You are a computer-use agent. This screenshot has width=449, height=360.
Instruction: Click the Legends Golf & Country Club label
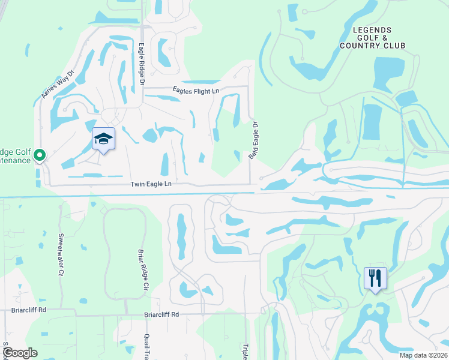tap(372, 38)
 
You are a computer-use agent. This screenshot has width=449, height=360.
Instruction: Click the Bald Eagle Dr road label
tap(253, 141)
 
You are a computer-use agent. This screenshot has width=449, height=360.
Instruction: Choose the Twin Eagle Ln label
tap(151, 184)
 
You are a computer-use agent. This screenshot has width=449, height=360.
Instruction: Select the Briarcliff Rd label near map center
tap(161, 314)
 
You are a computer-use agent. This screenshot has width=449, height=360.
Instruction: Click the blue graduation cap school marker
tap(103, 139)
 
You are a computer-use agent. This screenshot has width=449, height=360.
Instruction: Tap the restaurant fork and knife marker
tap(375, 278)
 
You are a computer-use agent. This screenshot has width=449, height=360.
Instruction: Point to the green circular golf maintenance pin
tap(40, 155)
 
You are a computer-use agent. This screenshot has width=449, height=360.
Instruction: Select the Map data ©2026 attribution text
tap(423, 355)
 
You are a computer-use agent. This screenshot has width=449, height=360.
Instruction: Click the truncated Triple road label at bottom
tap(245, 352)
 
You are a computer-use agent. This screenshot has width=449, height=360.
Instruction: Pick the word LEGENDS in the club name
tap(372, 30)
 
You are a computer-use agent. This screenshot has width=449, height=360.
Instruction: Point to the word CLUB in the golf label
tap(394, 46)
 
